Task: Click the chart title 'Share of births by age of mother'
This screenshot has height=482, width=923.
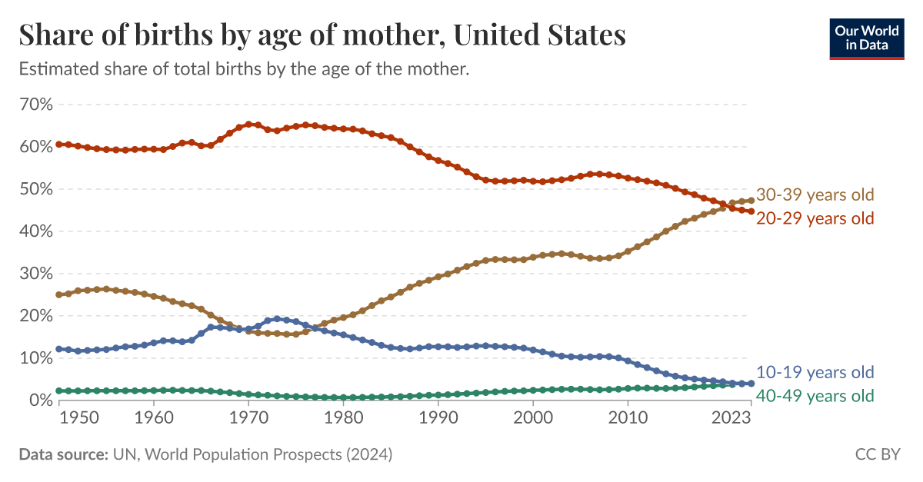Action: [x=322, y=35]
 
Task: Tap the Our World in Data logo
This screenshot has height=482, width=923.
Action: [x=867, y=38]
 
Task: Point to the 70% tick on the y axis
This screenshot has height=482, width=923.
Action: [x=35, y=105]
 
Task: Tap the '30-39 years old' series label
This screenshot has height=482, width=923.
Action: [x=815, y=195]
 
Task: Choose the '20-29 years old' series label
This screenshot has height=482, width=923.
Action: [x=815, y=218]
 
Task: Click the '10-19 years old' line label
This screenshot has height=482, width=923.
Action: [x=815, y=373]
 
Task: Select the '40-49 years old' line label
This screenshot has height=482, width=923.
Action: [x=815, y=397]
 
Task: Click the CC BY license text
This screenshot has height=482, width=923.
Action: [x=878, y=455]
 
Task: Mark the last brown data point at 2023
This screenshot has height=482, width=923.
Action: [x=751, y=201]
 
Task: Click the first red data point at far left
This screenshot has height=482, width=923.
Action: [x=59, y=145]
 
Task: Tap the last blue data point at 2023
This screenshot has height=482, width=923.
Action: [x=751, y=383]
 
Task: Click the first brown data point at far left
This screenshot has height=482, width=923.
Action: [x=59, y=294]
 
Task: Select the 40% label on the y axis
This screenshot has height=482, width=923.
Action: [x=35, y=231]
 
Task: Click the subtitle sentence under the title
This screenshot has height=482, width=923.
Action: [x=244, y=69]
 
